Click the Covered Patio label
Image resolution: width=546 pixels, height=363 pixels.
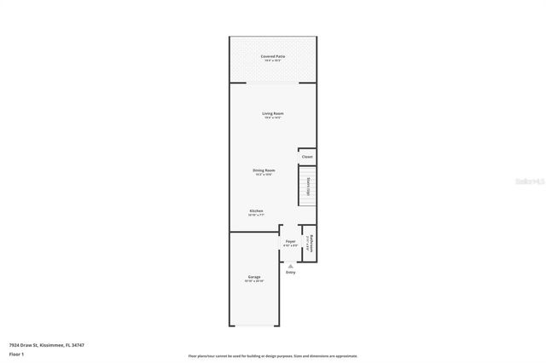click(x=273, y=56)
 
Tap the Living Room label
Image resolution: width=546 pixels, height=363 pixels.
click(x=273, y=113)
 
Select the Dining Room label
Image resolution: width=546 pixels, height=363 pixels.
click(x=264, y=170)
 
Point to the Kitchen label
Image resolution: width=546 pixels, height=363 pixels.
click(x=256, y=210)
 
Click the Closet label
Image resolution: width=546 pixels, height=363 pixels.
click(x=307, y=157)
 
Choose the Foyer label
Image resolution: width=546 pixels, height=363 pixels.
click(x=290, y=242)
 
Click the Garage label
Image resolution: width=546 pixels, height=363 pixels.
click(x=254, y=277)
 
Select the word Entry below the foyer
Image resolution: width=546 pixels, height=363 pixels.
click(x=290, y=272)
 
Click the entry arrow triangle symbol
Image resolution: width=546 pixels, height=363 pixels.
click(x=290, y=265)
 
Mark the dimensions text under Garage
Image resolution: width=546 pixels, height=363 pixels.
click(x=254, y=282)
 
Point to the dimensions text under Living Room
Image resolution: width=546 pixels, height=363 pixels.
click(x=273, y=118)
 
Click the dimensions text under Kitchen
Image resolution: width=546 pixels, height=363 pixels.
click(x=256, y=216)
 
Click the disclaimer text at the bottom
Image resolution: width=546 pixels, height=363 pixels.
click(x=272, y=356)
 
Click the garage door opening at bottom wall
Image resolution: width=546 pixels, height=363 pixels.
click(x=253, y=326)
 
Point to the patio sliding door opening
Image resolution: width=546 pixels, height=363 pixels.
click(x=273, y=83)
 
